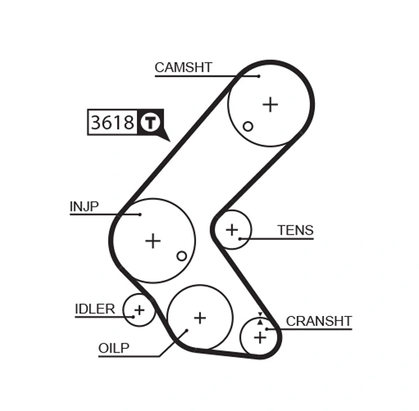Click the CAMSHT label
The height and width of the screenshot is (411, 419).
tap(183, 68)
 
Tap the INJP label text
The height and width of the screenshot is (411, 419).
tap(84, 207)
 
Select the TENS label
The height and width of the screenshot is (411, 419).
tap(295, 230)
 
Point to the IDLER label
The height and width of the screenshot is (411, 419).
tap(94, 309)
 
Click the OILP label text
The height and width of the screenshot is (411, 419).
tap(114, 348)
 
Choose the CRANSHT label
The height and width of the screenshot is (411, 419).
tap(318, 321)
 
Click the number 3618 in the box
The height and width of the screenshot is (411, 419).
tap(112, 123)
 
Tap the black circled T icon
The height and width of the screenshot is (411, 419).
tap(150, 123)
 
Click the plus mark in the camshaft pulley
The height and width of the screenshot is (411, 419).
tap(270, 104)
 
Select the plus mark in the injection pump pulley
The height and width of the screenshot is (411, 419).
tap(152, 241)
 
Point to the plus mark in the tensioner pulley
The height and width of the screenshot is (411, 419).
tap(232, 229)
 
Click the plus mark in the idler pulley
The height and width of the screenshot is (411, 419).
tap(139, 309)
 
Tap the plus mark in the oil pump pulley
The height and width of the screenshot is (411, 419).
tap(200, 317)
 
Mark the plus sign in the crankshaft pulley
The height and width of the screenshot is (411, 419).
tap(260, 338)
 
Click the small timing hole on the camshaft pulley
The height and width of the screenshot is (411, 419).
tap(248, 126)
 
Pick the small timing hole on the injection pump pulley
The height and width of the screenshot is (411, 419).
tap(182, 256)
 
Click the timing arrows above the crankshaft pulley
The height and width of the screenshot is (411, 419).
tap(260, 318)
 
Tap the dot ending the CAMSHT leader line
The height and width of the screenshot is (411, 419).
tap(258, 75)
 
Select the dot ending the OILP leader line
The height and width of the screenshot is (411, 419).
tap(186, 331)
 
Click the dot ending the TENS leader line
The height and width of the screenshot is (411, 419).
tap(240, 239)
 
